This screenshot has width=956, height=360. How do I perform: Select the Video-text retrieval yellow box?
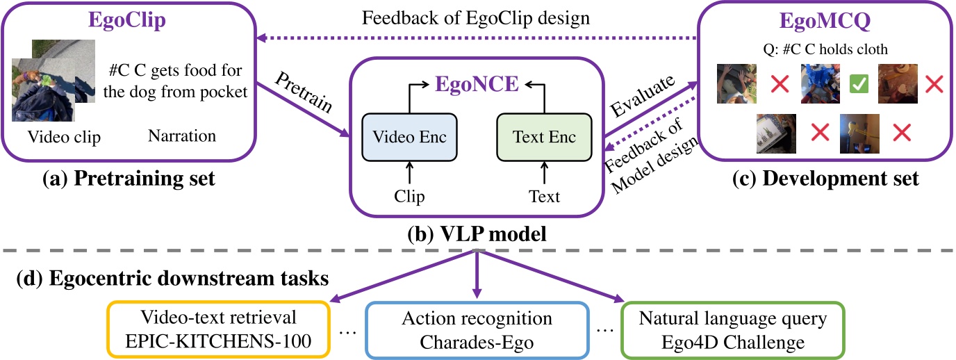tap(218, 329)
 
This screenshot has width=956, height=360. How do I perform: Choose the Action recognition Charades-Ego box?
tap(477, 329)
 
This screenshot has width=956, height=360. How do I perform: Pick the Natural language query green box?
tap(732, 329)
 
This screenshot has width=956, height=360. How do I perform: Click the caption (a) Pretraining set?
tap(128, 179)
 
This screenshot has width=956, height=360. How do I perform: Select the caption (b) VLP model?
tap(477, 234)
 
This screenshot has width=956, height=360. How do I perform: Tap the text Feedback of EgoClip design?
tap(476, 19)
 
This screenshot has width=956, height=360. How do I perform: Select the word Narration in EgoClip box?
tap(182, 136)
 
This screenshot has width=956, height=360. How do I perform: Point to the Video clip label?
tap(64, 138)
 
